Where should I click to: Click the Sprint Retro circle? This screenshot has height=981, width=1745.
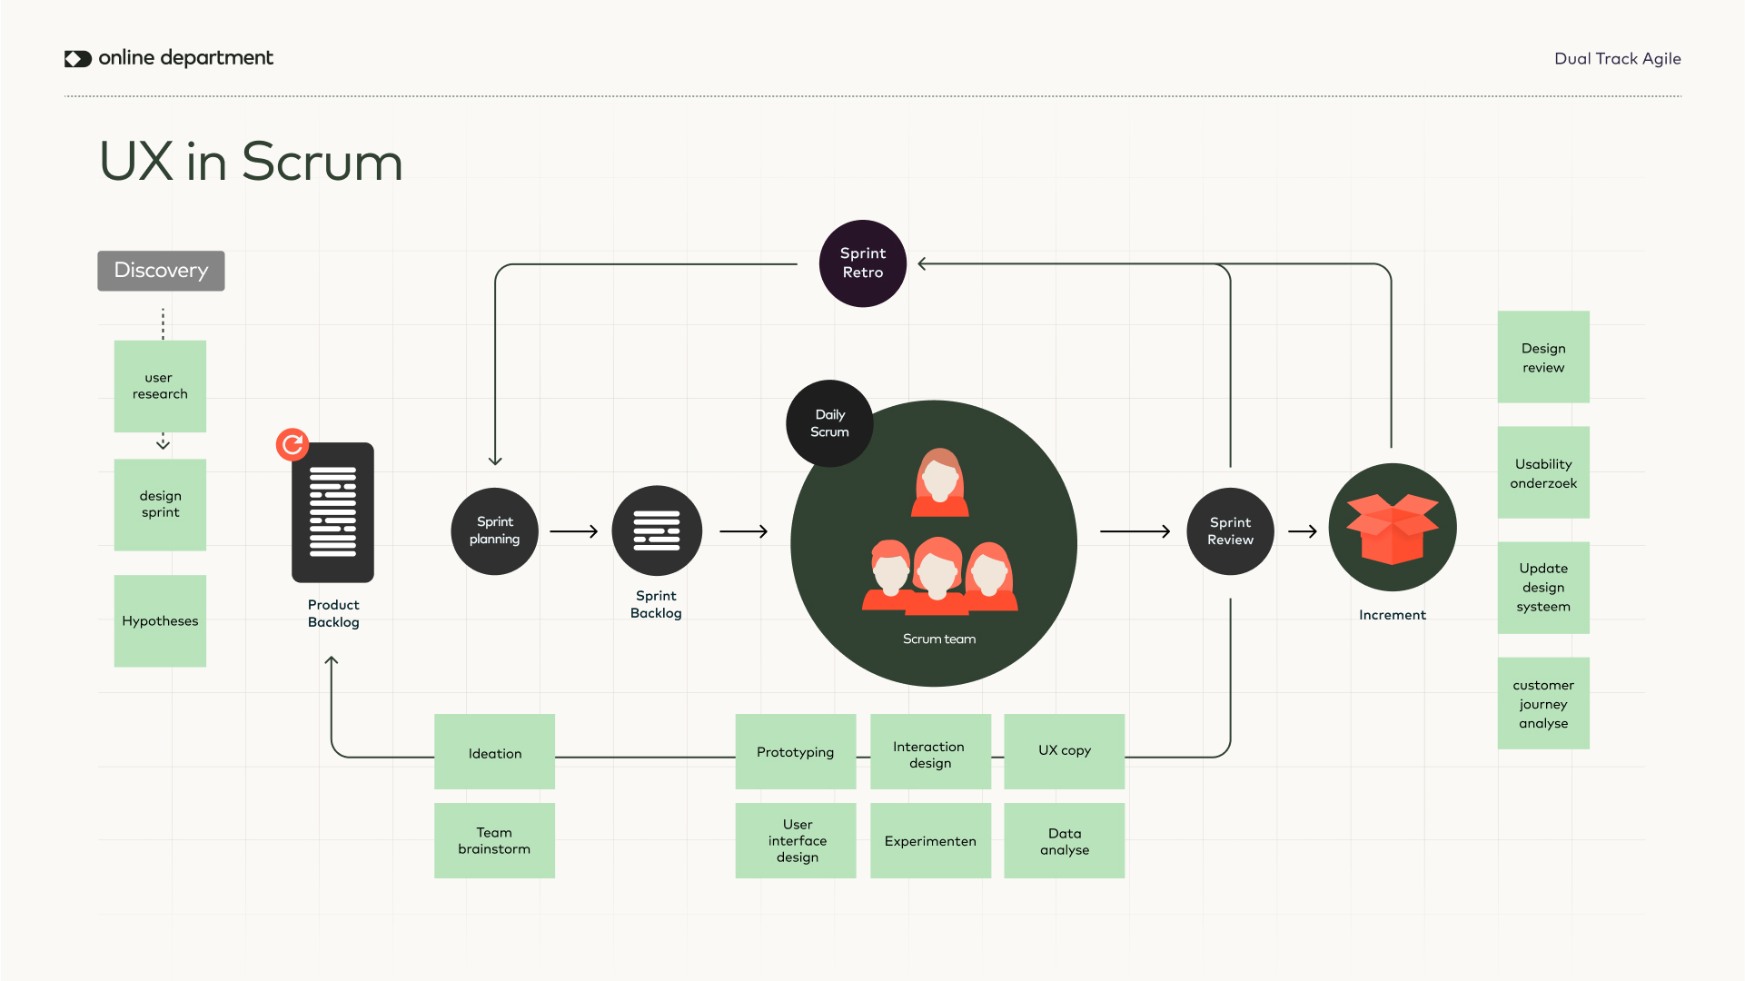862,263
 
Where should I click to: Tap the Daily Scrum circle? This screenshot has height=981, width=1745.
829,423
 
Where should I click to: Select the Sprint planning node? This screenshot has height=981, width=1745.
494,530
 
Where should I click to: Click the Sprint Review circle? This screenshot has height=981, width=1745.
1230,531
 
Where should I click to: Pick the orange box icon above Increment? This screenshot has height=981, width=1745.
1392,528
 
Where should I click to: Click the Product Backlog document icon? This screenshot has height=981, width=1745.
332,513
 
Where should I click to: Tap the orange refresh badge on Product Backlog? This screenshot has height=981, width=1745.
292,444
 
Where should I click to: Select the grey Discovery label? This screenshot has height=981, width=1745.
161,271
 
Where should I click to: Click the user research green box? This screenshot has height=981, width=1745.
160,386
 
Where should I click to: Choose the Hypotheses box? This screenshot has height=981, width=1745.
160,621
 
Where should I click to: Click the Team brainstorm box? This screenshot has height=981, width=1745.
494,840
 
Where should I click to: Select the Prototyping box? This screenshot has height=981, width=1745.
795,752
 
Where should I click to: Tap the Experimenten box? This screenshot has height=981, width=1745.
930,841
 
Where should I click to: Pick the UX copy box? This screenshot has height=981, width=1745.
1064,751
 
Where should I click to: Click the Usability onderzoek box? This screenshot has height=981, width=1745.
1542,473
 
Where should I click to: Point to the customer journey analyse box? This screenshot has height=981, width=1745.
1542,704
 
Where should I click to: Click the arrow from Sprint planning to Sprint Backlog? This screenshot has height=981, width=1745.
574,531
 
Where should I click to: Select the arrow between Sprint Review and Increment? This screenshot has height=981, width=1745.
1302,531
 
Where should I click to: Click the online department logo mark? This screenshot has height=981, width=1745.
78,59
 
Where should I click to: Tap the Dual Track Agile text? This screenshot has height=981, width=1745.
1617,59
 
